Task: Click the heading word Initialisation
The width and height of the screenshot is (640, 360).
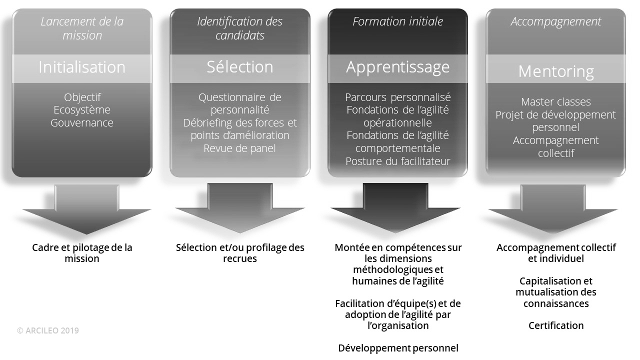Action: coord(82,67)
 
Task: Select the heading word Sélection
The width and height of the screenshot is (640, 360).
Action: coord(240,67)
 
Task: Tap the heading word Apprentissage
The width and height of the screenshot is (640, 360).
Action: coord(398,67)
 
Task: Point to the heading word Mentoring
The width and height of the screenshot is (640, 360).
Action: coord(556,71)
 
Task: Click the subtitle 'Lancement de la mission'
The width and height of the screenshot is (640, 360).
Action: coord(82,28)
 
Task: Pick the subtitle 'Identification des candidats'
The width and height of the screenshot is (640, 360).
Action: coord(240,28)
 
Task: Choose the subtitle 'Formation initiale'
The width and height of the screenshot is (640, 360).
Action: coord(398,22)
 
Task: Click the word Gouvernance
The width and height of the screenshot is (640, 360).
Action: coord(82,123)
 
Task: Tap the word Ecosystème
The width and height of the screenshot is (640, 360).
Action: coord(82,110)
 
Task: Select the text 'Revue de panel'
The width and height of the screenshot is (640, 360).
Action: coord(240,148)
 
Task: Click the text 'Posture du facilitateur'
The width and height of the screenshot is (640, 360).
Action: coord(398,161)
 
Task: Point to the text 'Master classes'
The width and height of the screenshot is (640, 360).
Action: coord(556,102)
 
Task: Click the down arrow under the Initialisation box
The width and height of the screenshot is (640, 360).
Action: coord(86,210)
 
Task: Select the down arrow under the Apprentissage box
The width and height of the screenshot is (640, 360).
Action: coord(395,210)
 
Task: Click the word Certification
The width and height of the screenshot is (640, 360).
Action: coord(556,325)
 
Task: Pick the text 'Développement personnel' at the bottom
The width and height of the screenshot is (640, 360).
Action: coord(398,348)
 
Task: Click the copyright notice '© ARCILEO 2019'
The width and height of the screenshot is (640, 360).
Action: coord(48,330)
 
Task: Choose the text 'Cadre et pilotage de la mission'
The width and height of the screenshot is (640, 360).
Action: coord(82,253)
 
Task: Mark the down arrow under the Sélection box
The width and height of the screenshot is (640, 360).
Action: coord(240,210)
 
